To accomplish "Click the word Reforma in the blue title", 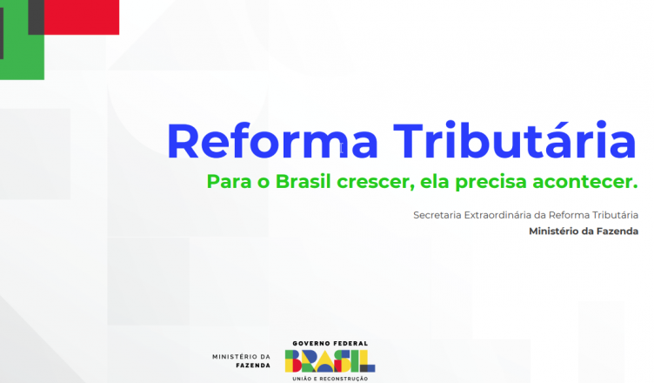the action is (272, 141).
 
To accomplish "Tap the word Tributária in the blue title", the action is (515, 139).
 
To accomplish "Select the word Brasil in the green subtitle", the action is (304, 181).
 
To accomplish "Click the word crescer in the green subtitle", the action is (373, 183).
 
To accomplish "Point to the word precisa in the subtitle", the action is (490, 183).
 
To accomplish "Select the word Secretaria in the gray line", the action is (437, 215).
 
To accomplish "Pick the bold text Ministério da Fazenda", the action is (584, 231).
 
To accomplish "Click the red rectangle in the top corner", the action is (82, 17).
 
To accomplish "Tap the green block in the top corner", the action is (22, 50).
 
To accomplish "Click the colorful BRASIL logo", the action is (330, 361).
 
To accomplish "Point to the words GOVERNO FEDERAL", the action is (330, 343).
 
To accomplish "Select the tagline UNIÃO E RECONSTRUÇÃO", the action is (330, 379).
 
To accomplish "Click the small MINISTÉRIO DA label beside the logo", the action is (241, 357).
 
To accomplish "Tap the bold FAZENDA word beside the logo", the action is (253, 366).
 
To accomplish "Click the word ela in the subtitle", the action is (434, 181).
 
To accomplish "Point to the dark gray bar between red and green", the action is (36, 17).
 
